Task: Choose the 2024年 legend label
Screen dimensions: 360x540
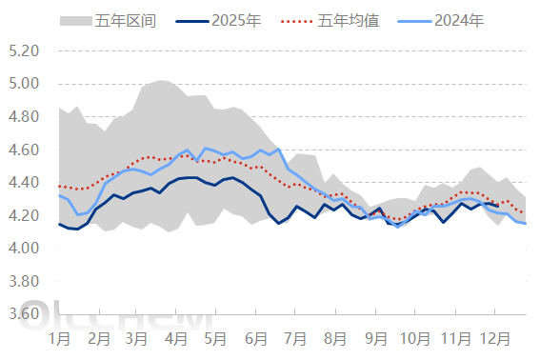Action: click(x=459, y=20)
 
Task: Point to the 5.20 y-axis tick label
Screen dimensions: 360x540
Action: click(x=25, y=50)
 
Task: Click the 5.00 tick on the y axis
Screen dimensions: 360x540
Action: click(x=25, y=84)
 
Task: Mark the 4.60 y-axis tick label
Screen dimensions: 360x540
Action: click(x=25, y=150)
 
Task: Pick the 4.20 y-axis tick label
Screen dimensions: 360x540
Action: click(x=25, y=216)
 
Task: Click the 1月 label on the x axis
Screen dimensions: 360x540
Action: click(x=58, y=337)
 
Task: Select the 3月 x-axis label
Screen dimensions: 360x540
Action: click(x=136, y=337)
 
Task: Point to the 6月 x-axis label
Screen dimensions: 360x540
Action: click(x=256, y=337)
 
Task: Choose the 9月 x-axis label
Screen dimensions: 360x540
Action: click(x=375, y=337)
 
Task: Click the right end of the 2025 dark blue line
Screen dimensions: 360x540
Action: click(x=498, y=206)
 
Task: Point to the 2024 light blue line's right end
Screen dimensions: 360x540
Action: click(x=526, y=223)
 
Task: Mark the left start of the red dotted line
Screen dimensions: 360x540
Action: click(x=59, y=186)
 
